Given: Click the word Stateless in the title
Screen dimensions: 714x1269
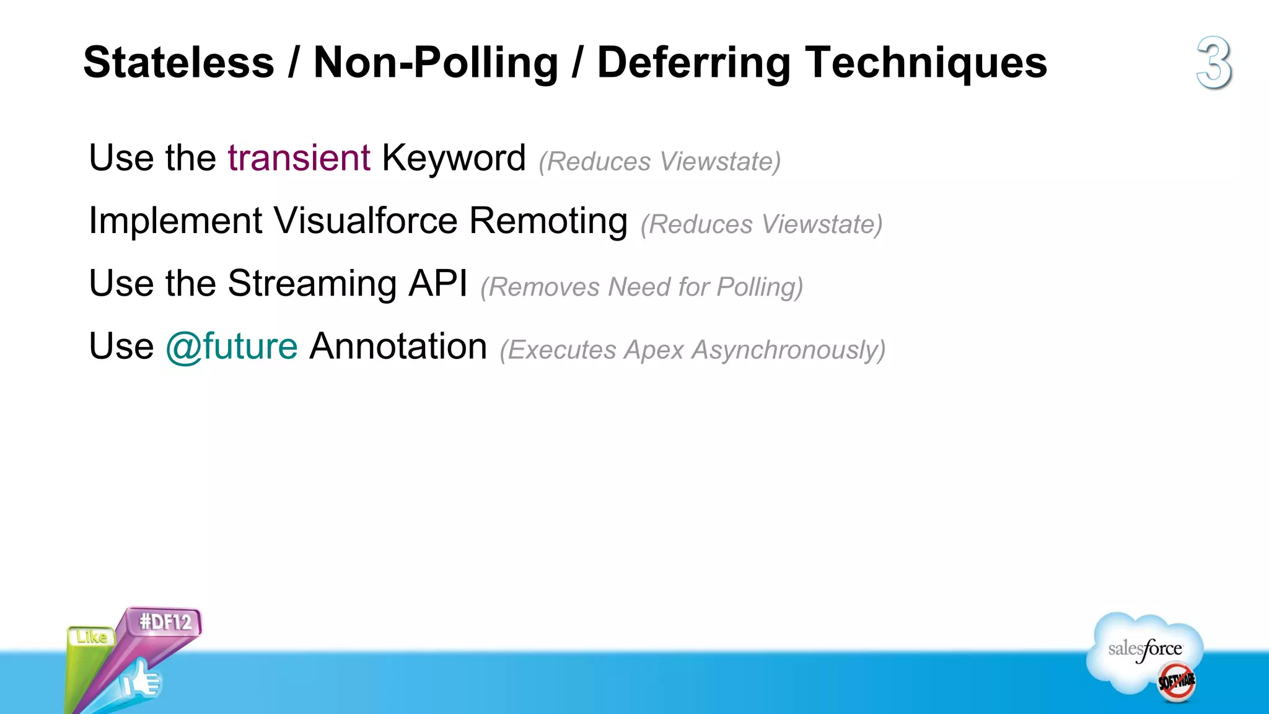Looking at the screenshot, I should coord(178,63).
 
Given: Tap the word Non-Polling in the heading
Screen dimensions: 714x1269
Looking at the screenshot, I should coord(436,63).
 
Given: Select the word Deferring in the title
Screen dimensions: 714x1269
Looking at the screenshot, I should coord(693,63).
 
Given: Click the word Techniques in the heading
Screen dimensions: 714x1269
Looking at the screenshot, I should coord(926,63).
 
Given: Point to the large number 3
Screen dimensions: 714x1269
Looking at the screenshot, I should coord(1213,63).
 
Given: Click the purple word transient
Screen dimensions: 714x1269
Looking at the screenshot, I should coord(299,157).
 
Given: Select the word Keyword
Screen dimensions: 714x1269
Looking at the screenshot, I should coord(454,157).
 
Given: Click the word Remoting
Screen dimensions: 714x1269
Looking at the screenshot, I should coord(548,221).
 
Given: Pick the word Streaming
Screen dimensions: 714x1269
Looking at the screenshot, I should coord(312,284).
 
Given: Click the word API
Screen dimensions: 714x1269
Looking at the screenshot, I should coord(437,284).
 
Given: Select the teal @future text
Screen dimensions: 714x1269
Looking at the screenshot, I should coord(231,346).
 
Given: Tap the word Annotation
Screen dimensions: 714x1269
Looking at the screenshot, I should coord(398,346).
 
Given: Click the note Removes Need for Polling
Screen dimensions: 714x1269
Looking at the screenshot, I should coord(641,287).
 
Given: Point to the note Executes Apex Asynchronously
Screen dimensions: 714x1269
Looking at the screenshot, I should coord(692,350).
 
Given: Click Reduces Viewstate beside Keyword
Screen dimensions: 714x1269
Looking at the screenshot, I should coord(659,162).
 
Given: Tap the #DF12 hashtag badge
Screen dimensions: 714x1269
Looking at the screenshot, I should coord(165,622).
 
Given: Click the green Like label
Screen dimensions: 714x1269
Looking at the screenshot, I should coord(91,637).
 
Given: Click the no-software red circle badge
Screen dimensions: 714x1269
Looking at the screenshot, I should coord(1176,681).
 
